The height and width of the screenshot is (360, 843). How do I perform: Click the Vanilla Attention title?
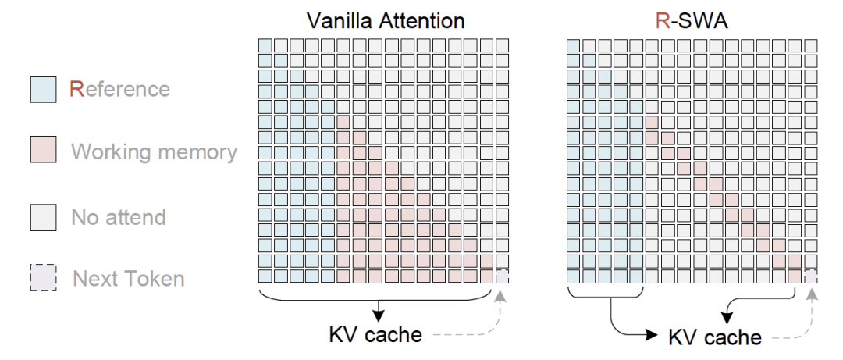coord(386,21)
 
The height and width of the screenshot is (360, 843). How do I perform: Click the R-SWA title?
coord(692,21)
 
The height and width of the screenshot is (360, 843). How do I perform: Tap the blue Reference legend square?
coord(43,89)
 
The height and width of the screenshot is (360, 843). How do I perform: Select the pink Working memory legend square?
coord(43,149)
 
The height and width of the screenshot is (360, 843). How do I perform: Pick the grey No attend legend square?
coord(43,217)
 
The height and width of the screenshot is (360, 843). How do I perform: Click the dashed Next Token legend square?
coord(43,278)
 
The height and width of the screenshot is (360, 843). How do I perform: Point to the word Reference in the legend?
coord(120,89)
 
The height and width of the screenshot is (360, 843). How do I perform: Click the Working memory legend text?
coord(155,152)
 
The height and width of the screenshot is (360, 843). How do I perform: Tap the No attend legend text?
coord(119,217)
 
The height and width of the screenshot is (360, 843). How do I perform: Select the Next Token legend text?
coord(129,279)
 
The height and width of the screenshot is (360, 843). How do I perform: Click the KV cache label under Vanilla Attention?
coord(375,335)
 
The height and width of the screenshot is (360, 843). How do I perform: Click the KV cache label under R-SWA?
coord(715,337)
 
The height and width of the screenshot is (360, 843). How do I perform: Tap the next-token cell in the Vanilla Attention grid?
coord(502,276)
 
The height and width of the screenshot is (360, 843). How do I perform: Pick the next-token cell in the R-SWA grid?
coord(811,276)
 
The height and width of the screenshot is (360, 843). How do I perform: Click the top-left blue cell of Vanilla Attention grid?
coord(265,45)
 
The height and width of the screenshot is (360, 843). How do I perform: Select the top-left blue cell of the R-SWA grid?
coord(574,45)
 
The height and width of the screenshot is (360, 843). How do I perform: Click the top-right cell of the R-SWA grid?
coord(811,45)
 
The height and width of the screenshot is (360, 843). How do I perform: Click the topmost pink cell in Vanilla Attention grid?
coord(344,122)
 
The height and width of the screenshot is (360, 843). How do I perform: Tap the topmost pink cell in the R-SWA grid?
coord(653,122)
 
